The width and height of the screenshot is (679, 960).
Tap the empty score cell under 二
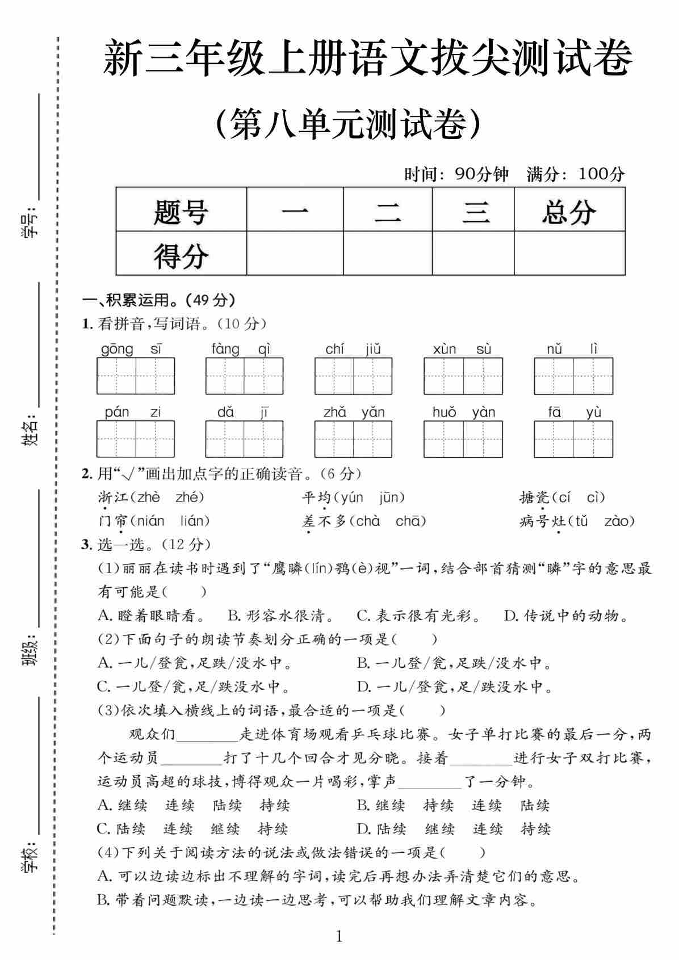[x=388, y=254]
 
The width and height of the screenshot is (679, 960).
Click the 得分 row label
[x=181, y=255]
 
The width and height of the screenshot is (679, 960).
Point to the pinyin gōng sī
[x=132, y=348]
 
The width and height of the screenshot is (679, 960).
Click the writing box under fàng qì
[x=244, y=376]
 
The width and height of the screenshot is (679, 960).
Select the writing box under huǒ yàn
[x=463, y=439]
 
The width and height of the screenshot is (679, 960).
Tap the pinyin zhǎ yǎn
[x=354, y=412]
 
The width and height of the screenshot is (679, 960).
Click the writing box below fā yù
[x=573, y=439]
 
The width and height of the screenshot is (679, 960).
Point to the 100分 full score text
[x=601, y=174]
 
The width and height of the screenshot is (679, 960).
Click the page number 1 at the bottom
[x=339, y=936]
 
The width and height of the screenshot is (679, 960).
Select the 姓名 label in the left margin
[x=31, y=430]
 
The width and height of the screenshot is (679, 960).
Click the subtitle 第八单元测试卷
[x=349, y=123]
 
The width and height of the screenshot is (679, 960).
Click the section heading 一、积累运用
[x=158, y=299]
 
